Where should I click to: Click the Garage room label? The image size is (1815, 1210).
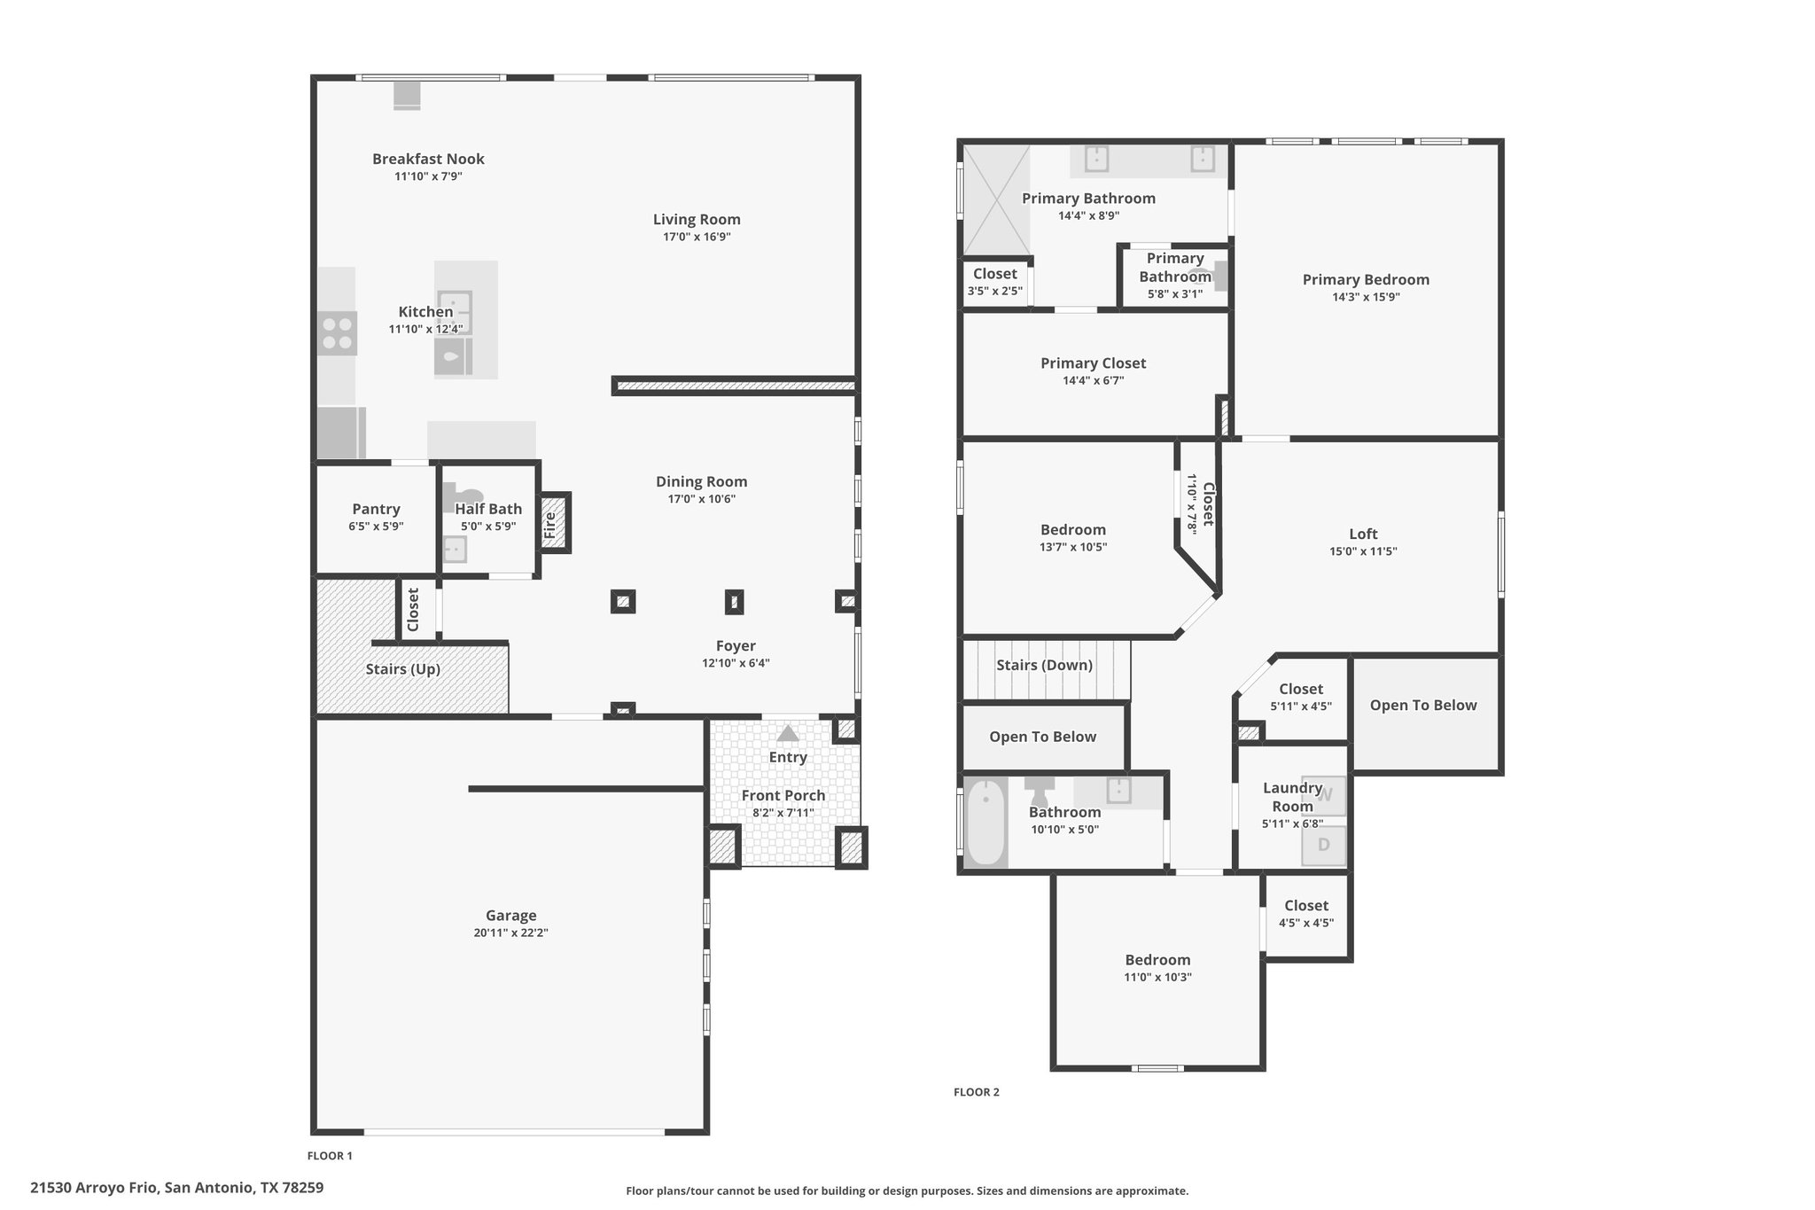pos(511,916)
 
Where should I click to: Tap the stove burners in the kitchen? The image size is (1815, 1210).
pos(338,333)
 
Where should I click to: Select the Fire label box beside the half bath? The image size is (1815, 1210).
pos(554,523)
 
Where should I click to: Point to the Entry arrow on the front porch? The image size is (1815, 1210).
pos(787,734)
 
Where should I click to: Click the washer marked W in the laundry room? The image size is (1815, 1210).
pos(1324,796)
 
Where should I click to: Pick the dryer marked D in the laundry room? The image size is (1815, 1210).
pos(1324,846)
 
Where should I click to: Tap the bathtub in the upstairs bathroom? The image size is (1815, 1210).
pos(985,822)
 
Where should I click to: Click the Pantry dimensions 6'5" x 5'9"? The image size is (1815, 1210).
pos(376,526)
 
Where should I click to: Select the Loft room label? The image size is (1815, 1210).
pos(1363,534)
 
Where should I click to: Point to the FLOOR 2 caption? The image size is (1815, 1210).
pos(977,1092)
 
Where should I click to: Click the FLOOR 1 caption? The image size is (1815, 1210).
pos(330,1156)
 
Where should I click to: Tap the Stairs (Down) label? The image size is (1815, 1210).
pos(1044,665)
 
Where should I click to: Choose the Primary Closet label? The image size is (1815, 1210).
pos(1093,363)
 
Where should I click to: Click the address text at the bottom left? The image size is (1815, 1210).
pos(177,1188)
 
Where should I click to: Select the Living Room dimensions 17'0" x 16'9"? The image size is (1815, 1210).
pos(697,237)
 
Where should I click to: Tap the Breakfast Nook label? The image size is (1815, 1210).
pos(428,159)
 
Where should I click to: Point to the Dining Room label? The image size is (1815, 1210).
pos(701,481)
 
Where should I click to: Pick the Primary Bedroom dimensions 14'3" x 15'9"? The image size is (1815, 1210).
pos(1366,297)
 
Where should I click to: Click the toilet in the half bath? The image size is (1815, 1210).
pos(463,496)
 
